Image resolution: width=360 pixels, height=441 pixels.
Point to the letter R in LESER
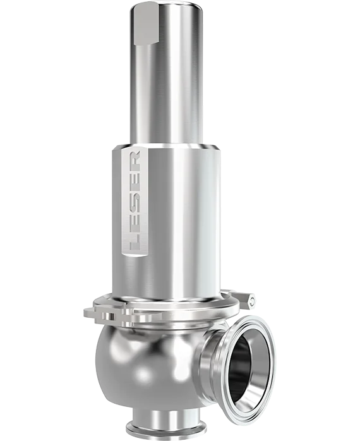[135, 161]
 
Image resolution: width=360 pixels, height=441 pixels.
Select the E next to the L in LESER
[135, 220]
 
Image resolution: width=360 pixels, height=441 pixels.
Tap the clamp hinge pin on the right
[251, 301]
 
